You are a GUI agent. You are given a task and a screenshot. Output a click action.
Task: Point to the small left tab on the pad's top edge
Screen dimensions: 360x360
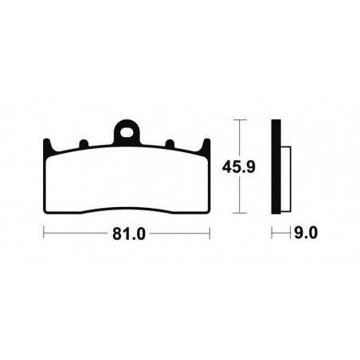point(82,145)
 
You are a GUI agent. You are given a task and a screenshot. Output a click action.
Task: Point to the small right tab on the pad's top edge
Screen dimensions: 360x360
point(169,145)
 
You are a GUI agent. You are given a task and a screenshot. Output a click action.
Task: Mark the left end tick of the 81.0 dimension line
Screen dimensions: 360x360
point(43,233)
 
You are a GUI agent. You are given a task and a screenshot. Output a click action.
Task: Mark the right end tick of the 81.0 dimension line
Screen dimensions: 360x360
point(209,233)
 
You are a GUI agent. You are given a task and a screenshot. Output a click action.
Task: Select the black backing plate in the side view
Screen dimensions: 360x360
point(276,166)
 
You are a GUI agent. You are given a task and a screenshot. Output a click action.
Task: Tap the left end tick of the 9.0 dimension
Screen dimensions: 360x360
point(272,233)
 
